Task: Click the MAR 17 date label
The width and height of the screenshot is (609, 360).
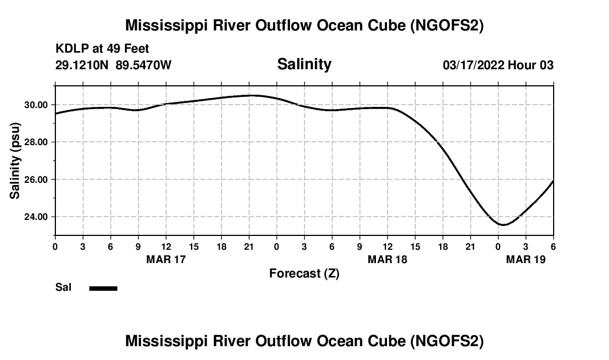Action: pos(166,259)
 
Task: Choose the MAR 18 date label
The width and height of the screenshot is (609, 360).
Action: pos(388,259)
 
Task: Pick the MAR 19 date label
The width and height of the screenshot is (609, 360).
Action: pos(526,259)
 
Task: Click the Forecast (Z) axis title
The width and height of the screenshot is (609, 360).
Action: pos(304,274)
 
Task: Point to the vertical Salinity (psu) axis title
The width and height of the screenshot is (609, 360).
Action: pos(16,161)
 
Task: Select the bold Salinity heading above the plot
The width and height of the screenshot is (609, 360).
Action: pos(304,64)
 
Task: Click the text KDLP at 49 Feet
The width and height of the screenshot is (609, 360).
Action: pos(102,49)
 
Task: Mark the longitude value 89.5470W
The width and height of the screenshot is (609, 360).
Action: pos(143,65)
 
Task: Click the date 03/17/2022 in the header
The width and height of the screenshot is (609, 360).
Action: pos(473,65)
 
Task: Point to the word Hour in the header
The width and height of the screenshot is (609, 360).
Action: pos(522,65)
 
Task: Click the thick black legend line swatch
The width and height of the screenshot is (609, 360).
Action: pos(104,288)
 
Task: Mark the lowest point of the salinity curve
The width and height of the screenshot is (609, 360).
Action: pos(503,225)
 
